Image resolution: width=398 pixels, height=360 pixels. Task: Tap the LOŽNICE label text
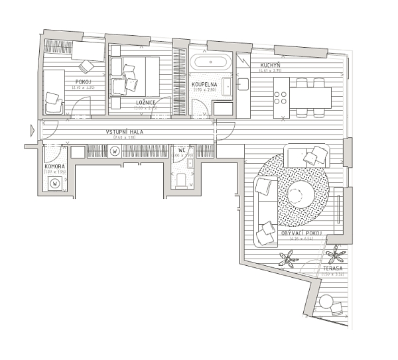[x=146, y=103]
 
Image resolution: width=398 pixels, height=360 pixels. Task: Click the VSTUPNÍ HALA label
[x=125, y=132]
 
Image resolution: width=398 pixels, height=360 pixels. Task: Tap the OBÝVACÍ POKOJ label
[x=302, y=234]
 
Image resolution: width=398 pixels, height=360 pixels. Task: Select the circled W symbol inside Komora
[x=55, y=183]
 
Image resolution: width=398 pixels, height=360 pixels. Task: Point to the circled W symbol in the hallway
[x=114, y=151]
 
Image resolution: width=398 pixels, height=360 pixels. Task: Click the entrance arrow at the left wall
[x=33, y=131]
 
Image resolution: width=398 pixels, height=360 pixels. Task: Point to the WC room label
[x=181, y=150]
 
